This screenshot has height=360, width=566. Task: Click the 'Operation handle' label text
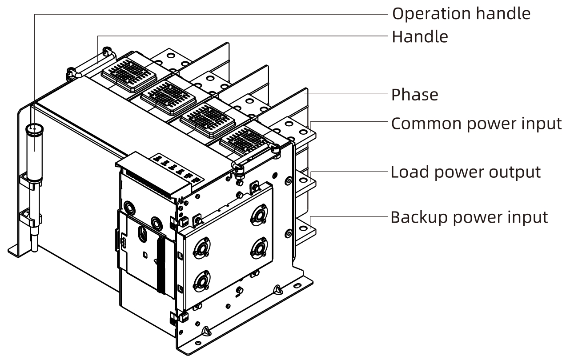point(461,13)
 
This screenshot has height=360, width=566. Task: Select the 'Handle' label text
point(419,36)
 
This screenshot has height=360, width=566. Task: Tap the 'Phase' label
point(414,95)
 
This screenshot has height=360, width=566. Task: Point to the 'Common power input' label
point(476,124)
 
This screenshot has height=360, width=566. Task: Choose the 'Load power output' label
point(466,172)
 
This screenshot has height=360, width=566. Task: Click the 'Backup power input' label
point(469,217)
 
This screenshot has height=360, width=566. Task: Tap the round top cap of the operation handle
point(33,130)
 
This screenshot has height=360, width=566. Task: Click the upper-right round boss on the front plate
point(258,213)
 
